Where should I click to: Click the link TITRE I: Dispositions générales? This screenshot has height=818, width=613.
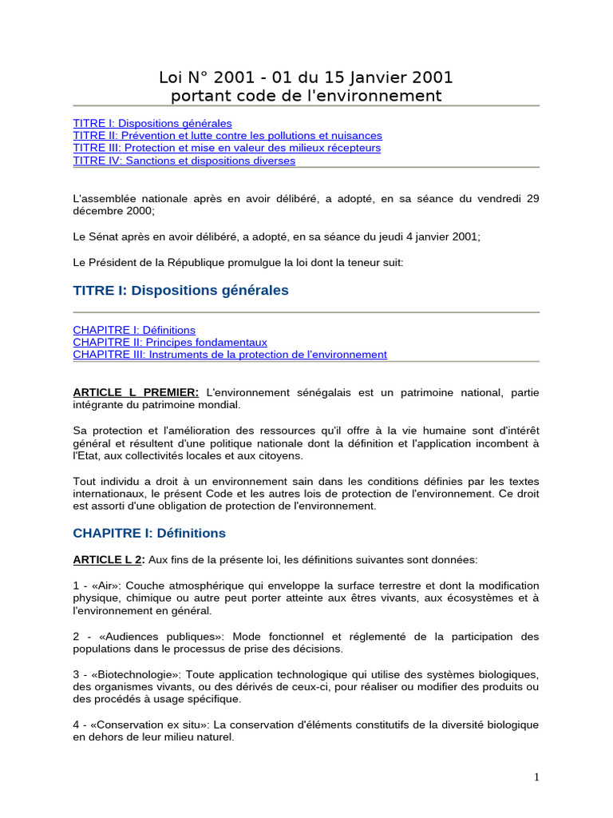(x=152, y=124)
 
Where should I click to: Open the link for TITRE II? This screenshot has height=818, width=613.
(x=227, y=136)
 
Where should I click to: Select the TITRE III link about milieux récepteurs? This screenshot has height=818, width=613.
(x=227, y=148)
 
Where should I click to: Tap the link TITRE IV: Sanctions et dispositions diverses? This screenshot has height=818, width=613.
(x=184, y=161)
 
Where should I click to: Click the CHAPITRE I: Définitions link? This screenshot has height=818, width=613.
(x=134, y=330)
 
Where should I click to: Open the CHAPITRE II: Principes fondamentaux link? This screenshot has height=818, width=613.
(x=170, y=342)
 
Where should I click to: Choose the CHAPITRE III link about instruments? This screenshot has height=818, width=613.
(x=230, y=354)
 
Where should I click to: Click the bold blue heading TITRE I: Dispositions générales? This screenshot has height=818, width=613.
(x=180, y=291)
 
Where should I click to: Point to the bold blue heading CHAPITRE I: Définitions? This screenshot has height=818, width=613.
(x=149, y=533)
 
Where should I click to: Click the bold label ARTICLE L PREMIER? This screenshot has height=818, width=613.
(x=136, y=392)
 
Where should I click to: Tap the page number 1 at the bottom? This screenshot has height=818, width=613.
(x=537, y=777)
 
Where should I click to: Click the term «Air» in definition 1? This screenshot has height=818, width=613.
(x=105, y=586)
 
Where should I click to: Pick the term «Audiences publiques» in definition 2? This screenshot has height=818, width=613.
(x=148, y=637)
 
